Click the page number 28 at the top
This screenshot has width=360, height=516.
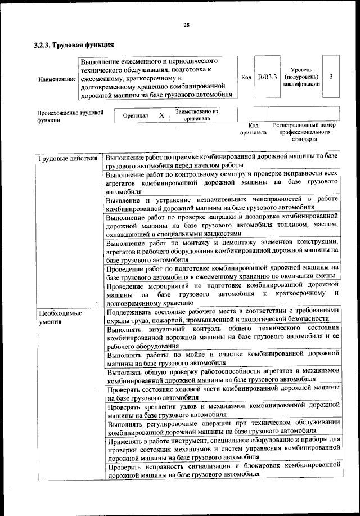coord(186,24)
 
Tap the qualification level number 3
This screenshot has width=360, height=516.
coord(332,77)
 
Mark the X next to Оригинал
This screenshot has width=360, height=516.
coord(161,115)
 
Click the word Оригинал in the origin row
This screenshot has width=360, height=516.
coord(136,115)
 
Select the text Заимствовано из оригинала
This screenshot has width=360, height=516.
coord(196,115)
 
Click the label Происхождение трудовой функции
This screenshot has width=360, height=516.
coord(70,116)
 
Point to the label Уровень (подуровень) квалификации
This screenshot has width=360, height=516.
coord(302,76)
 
